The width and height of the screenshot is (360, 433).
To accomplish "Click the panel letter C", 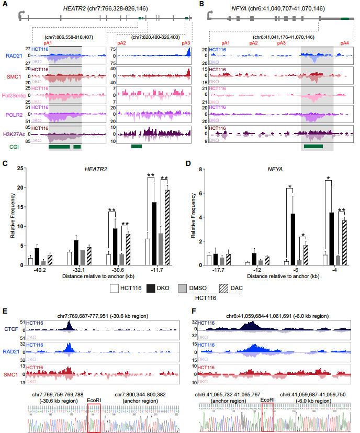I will [5, 163].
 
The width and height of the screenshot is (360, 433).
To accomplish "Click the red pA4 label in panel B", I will [344, 42].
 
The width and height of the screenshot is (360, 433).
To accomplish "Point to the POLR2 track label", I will [15, 114].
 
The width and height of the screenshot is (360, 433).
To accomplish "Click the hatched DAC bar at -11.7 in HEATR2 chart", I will [167, 227].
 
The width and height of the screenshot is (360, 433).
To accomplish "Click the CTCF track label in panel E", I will [11, 329].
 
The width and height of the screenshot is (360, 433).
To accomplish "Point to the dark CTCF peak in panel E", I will [69, 325].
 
